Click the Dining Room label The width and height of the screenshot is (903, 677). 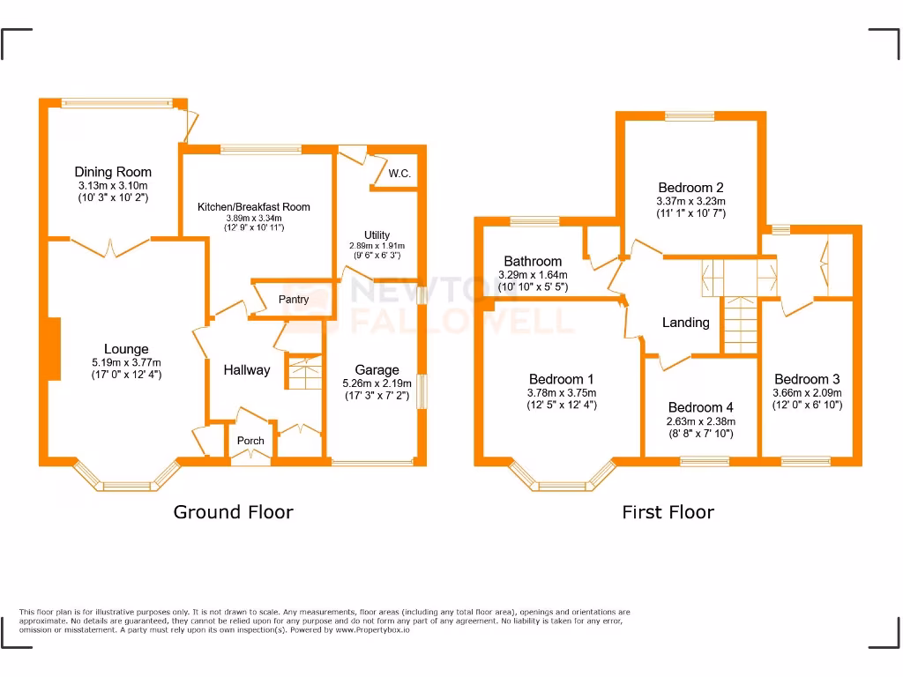tap(113, 172)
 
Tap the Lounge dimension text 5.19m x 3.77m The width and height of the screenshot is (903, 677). tap(126, 362)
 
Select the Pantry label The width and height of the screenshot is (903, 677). tap(294, 300)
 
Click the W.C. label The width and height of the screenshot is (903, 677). tap(399, 174)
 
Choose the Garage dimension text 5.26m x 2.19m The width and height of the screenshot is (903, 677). tap(377, 383)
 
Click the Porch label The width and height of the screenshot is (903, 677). tap(250, 441)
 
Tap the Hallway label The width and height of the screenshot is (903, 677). tap(246, 370)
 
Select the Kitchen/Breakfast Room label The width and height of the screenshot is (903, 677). tap(254, 207)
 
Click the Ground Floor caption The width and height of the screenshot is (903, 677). tap(233, 512)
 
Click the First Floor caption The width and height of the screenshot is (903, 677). tap(668, 512)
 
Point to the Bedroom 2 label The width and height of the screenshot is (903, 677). tap(691, 187)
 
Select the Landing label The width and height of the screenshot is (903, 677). tap(685, 323)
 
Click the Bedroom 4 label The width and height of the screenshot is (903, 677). tap(700, 407)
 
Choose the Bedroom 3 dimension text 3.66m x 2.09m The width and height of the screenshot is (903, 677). tap(807, 393)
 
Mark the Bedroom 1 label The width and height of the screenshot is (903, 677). tap(561, 379)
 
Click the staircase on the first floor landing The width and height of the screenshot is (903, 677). tap(741, 324)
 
